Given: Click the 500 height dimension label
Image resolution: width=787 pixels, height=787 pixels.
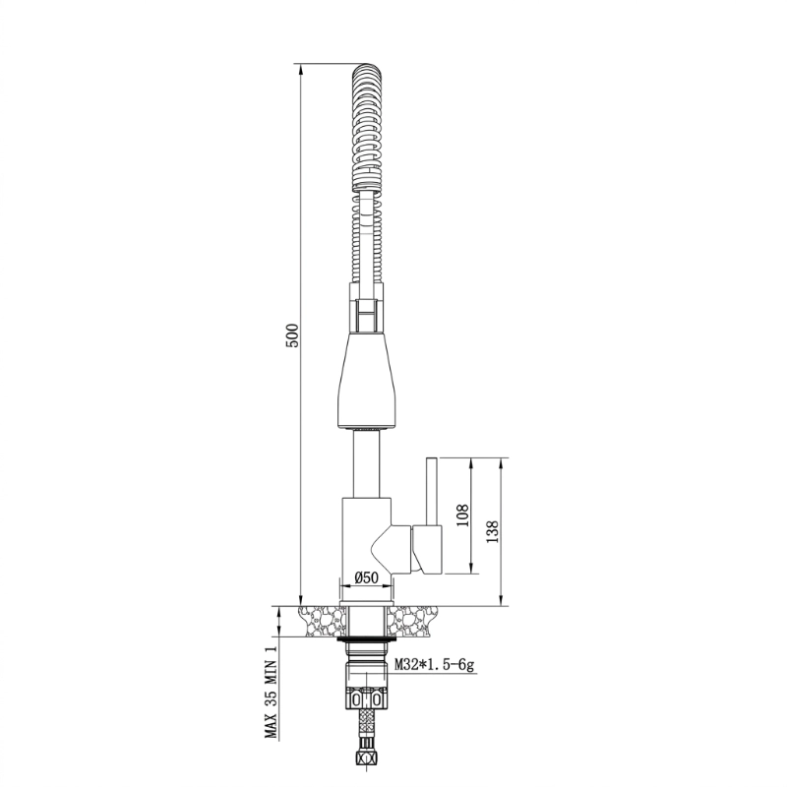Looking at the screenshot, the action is click(292, 335).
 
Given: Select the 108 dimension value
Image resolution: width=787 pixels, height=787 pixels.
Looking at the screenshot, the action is click(462, 515).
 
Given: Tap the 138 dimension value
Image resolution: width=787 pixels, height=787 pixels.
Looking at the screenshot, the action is click(493, 531).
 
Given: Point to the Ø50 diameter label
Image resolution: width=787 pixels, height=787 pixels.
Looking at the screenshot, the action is click(366, 577).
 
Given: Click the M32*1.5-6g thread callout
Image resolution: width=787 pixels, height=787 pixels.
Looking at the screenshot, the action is click(434, 665).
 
